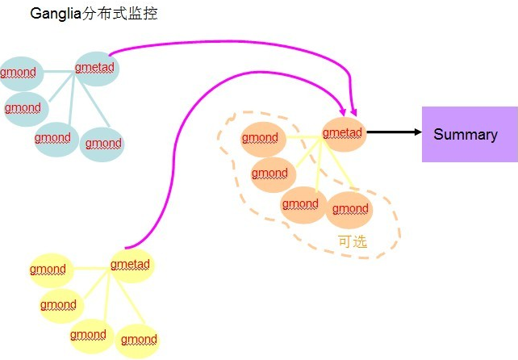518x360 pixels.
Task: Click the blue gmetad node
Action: [96, 68]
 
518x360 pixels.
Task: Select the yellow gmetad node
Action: [131, 265]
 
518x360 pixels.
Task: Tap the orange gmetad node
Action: [343, 132]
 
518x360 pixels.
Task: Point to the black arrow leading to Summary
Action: [391, 132]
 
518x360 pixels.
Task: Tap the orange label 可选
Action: [352, 241]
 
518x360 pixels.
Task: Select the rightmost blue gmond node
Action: [103, 144]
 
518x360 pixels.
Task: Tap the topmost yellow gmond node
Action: [48, 269]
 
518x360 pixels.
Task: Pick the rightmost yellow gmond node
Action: [139, 340]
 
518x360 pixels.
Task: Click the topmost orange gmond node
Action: [260, 138]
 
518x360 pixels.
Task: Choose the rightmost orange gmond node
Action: [350, 210]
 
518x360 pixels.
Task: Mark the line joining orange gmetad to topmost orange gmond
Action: [301, 136]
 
